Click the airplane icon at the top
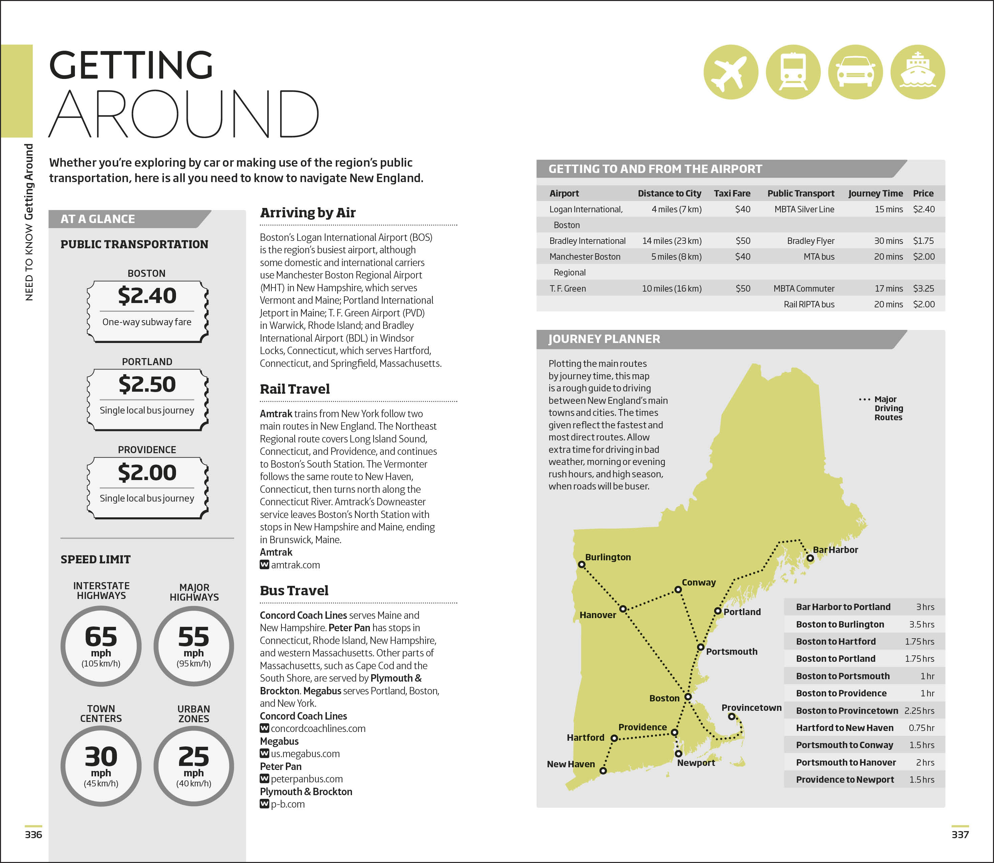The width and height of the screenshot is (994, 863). [x=731, y=72]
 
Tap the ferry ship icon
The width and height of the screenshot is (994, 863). [x=917, y=72]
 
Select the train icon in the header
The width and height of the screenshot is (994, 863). [x=793, y=72]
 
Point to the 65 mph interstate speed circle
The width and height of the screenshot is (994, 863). [x=101, y=646]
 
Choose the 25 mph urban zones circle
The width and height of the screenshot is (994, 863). [x=193, y=766]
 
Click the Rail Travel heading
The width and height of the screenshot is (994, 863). [x=295, y=389]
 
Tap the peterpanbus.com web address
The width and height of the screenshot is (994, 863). [x=307, y=779]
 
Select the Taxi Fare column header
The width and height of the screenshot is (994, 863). [x=732, y=193]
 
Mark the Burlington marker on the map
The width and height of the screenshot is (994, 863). [x=582, y=564]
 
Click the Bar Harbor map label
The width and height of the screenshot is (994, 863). [x=835, y=550]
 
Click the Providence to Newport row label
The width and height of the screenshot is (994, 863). [x=845, y=780]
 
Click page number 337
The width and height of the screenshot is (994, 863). [x=960, y=834]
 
